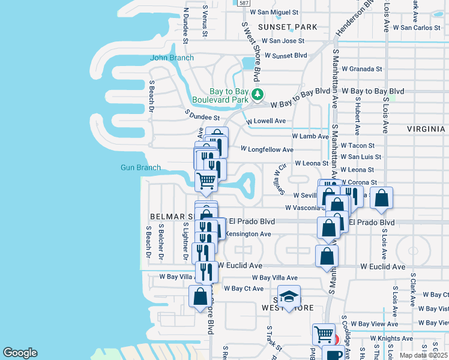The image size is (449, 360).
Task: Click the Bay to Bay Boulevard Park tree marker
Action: tap(258, 95)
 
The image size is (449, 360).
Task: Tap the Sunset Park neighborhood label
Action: tap(288, 27)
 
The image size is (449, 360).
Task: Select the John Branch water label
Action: tap(172, 58)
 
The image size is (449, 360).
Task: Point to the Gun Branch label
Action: tap(140, 167)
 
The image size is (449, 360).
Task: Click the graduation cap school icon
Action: tap(289, 298)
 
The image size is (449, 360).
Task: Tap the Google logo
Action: tap(20, 352)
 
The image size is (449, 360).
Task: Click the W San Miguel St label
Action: tap(274, 12)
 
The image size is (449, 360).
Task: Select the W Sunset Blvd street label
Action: tap(286, 55)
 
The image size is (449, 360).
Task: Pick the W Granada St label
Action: tap(361, 69)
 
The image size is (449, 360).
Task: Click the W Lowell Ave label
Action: tap(267, 121)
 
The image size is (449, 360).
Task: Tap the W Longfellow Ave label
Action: tap(267, 149)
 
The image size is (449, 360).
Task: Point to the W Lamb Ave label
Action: tap(310, 136)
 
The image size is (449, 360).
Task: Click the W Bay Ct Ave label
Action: tap(244, 289)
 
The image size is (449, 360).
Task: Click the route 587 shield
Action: tap(243, 3)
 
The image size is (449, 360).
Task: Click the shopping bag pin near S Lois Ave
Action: tap(381, 199)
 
